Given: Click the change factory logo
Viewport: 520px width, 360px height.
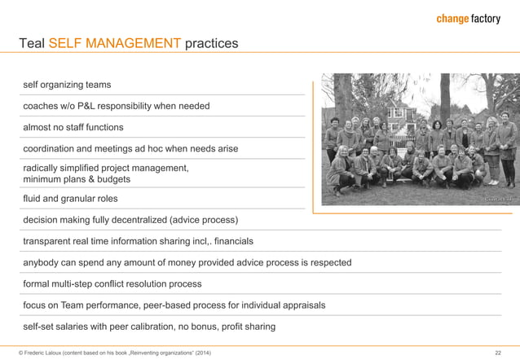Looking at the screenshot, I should point(468,19).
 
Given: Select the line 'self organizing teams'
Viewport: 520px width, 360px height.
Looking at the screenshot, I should point(67,85).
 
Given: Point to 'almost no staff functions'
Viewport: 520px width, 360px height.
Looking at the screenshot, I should point(73,127).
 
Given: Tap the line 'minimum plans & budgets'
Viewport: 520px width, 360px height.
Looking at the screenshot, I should point(77,179).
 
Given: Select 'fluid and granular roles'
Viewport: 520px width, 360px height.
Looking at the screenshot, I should point(70,199).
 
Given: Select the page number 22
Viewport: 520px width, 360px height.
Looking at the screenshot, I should point(498,352).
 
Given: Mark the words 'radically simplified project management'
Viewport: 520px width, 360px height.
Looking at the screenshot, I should point(106,168).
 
